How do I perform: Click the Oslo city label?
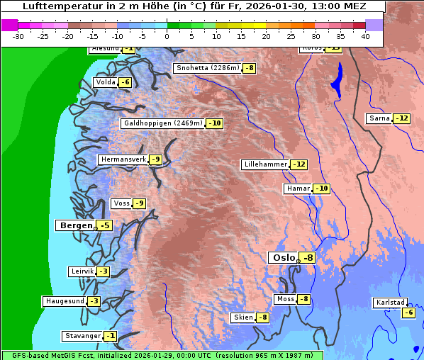(284, 258)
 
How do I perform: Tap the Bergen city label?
(75, 225)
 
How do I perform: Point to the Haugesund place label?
(65, 301)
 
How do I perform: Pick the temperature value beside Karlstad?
(408, 313)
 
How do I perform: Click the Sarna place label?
(380, 118)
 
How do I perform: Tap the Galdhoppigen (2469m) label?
(163, 123)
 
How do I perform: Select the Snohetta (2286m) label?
(208, 68)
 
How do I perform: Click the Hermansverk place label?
(123, 159)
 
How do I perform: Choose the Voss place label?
(121, 203)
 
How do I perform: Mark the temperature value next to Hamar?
(322, 189)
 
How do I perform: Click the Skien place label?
(243, 317)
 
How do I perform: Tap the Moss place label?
(285, 299)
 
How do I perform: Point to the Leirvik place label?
(82, 271)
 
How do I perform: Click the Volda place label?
(106, 82)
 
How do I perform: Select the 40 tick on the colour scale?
(365, 35)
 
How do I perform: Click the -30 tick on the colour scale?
(18, 35)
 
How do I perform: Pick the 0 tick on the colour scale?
(167, 35)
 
